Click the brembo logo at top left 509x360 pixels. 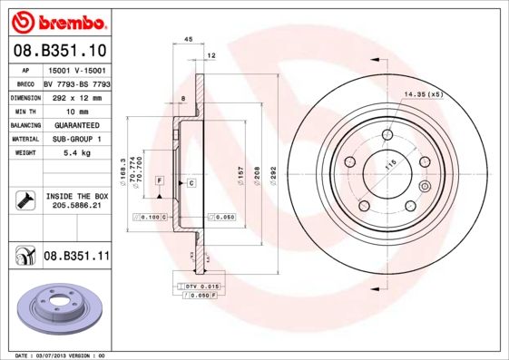pyautogui.click(x=57, y=20)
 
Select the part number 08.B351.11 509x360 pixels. pyautogui.click(x=76, y=258)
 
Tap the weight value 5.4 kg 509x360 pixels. pyautogui.click(x=75, y=153)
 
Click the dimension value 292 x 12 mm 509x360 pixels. pyautogui.click(x=76, y=96)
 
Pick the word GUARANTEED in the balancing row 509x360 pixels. pyautogui.click(x=76, y=124)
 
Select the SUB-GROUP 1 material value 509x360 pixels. pyautogui.click(x=76, y=139)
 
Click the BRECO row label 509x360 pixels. pyautogui.click(x=26, y=83)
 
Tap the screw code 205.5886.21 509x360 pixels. pyautogui.click(x=76, y=207)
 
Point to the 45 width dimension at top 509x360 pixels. pyautogui.click(x=188, y=40)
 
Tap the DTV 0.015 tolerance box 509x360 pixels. pyautogui.click(x=200, y=286)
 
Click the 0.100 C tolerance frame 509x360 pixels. pyautogui.click(x=151, y=218)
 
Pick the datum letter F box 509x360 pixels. pyautogui.click(x=159, y=182)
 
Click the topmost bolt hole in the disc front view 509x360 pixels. pyautogui.click(x=387, y=135)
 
